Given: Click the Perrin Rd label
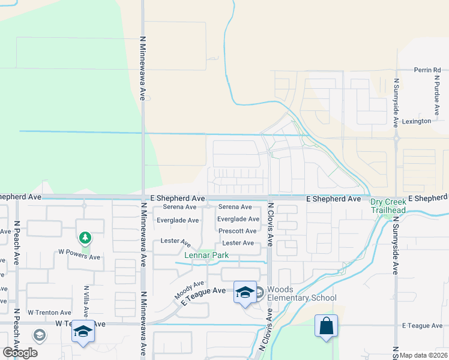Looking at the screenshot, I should pos(427,70).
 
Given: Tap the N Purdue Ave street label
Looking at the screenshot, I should pos(437,95).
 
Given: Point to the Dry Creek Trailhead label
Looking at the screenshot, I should pos(388,206).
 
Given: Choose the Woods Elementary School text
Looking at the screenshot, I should pos(301,294).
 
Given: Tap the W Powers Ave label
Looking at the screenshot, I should pos(79,257).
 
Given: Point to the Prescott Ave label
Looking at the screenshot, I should pos(238,231).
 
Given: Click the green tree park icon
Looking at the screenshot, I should pos(85,238).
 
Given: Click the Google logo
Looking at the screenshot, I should pos(20,352).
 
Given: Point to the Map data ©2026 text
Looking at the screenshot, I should pos(424,355).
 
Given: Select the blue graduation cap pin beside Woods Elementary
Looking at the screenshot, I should pos(245,292).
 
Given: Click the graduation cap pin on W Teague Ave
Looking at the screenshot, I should pos(83,332).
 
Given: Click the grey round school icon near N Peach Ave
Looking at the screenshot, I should pos(40,335).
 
